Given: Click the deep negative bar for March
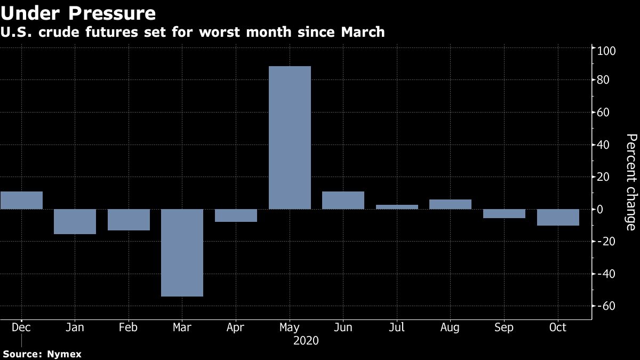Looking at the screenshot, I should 182,252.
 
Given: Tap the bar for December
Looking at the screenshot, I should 21,200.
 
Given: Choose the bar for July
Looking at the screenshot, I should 397,207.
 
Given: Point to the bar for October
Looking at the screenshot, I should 558,217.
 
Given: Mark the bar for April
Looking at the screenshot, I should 236,215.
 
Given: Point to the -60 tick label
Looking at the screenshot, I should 607,306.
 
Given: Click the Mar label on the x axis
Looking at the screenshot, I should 182,327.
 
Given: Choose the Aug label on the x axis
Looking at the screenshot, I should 450,327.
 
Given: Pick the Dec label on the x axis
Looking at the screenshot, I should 21,327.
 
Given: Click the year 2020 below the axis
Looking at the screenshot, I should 306,340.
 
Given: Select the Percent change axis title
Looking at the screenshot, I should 631,182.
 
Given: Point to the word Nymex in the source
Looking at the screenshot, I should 64,354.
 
